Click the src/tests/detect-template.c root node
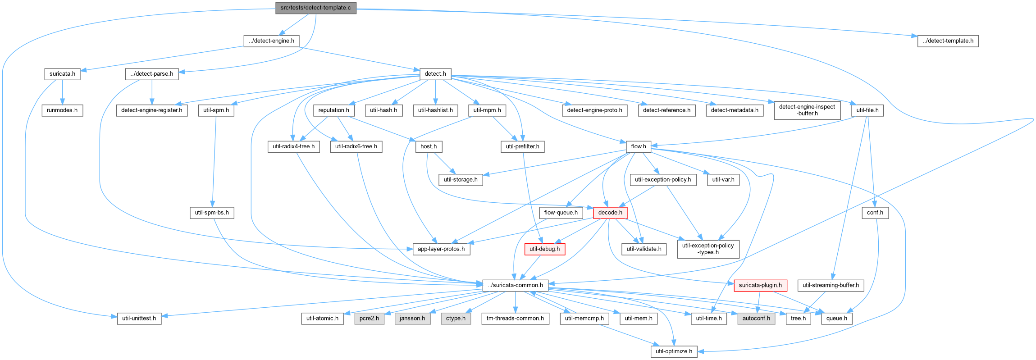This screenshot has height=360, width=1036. tap(315, 8)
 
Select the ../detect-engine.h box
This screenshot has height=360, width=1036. tap(271, 41)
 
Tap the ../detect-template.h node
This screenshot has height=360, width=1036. tap(948, 41)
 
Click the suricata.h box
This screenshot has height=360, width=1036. tap(62, 74)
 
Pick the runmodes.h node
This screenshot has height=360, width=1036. tap(62, 110)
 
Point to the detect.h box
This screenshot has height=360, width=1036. tap(435, 74)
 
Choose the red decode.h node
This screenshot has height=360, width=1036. tap(610, 213)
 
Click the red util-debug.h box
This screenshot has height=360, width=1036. tap(544, 249)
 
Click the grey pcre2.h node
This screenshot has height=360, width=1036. tap(370, 319)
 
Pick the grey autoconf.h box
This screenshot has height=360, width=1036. tap(756, 319)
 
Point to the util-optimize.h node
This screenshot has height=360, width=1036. tap(674, 351)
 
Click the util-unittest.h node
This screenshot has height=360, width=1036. tap(139, 319)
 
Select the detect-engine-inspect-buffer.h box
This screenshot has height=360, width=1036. tap(807, 110)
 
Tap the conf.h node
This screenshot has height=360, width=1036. tap(875, 213)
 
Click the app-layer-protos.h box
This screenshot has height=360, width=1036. tap(441, 249)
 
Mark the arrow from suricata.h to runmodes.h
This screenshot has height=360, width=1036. tap(62, 92)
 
